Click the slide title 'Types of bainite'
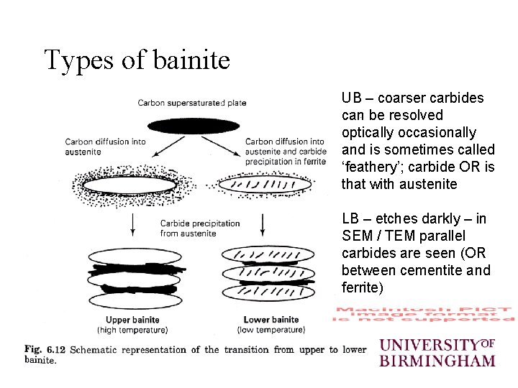tap(137, 60)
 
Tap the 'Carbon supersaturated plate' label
tap(192, 103)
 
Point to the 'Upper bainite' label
tap(132, 320)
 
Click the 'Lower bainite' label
tap(271, 320)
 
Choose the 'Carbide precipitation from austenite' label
tap(199, 228)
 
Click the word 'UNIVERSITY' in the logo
tap(429, 344)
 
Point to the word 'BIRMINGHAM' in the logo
tap(437, 359)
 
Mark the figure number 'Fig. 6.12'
tap(45, 350)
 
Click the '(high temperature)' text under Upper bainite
tap(132, 330)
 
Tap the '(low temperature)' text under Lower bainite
tap(271, 330)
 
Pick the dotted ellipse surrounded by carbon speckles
tap(129, 185)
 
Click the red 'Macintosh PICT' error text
tap(424, 313)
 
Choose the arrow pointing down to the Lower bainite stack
tap(263, 227)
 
